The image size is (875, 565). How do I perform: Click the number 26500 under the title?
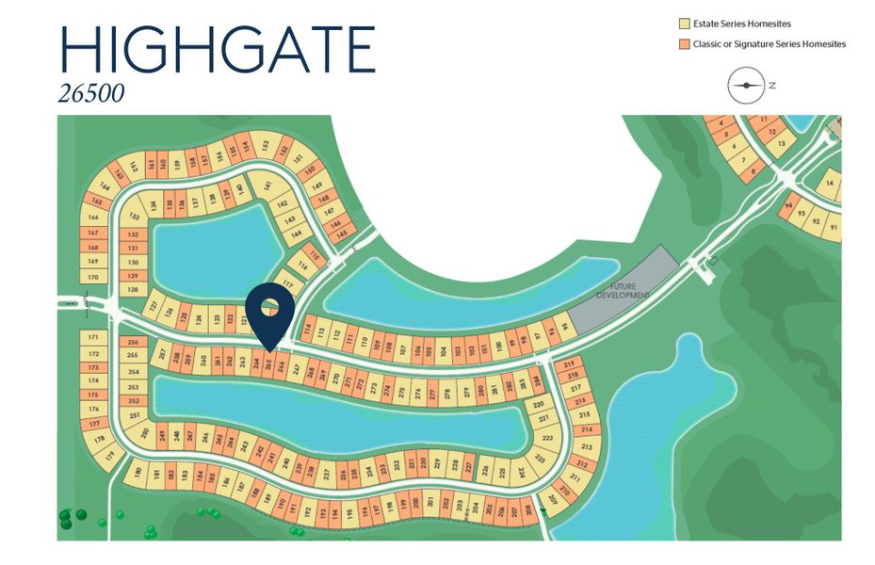pyautogui.click(x=91, y=94)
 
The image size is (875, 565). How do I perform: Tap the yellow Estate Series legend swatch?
pyautogui.click(x=685, y=24)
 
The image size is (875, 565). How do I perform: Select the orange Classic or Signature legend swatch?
pyautogui.click(x=685, y=44)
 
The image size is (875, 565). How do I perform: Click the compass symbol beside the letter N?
pyautogui.click(x=746, y=86)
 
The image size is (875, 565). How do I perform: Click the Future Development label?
pyautogui.click(x=623, y=291)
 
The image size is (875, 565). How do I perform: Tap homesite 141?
pyautogui.click(x=267, y=186)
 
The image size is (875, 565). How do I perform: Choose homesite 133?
pyautogui.click(x=133, y=216)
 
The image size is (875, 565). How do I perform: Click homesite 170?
pyautogui.click(x=92, y=277)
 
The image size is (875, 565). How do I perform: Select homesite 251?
pyautogui.click(x=134, y=415)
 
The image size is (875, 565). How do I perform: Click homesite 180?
pyautogui.click(x=138, y=471)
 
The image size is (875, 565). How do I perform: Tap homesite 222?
pyautogui.click(x=548, y=438)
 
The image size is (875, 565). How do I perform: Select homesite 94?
pyautogui.click(x=788, y=204)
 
